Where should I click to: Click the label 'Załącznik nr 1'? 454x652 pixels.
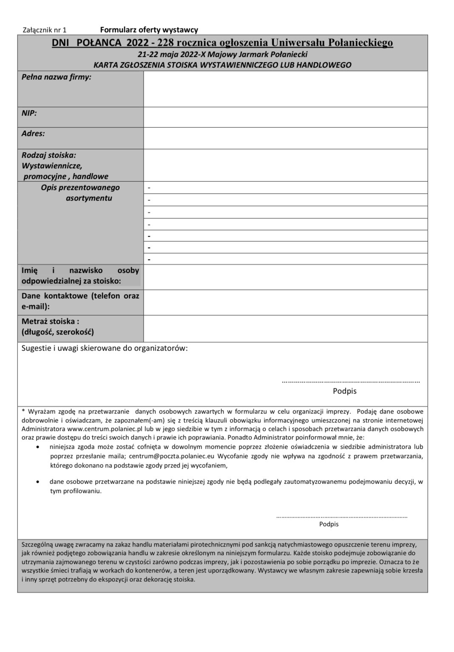(x=44, y=30)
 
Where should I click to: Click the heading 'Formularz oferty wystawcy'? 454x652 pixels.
(x=149, y=30)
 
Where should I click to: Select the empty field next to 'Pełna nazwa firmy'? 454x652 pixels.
(x=285, y=89)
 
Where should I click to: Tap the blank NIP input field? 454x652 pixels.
(x=285, y=117)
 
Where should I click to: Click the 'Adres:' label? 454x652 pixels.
(x=33, y=133)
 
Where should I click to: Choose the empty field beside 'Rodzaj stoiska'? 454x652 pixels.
(x=285, y=165)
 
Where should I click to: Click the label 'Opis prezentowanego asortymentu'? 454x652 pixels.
(x=81, y=193)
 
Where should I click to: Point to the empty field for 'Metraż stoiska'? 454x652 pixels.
(x=285, y=328)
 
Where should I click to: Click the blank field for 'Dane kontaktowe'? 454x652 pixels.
(x=285, y=302)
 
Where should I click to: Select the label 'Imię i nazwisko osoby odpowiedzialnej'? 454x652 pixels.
(x=80, y=275)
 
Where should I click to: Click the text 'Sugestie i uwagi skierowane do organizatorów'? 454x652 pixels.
(x=104, y=348)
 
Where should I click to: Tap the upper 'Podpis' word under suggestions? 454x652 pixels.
(x=344, y=391)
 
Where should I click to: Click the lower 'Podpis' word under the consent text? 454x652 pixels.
(x=329, y=524)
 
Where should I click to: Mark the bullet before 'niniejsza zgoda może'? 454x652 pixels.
(x=39, y=447)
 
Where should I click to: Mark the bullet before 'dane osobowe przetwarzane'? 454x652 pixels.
(x=39, y=482)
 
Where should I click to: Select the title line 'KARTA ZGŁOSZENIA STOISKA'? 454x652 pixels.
(x=223, y=65)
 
